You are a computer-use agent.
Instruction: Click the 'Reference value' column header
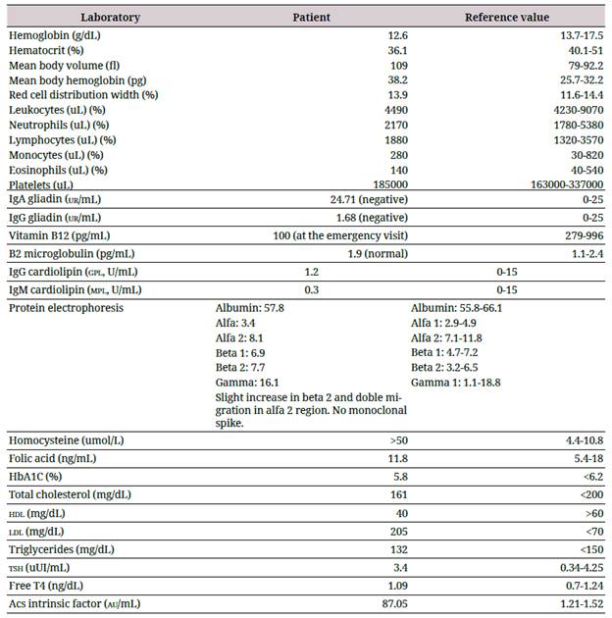(507, 18)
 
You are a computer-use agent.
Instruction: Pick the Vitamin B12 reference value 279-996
(581, 236)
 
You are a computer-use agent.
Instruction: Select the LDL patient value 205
(382, 531)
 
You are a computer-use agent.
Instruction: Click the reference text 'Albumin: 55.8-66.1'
(459, 308)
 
